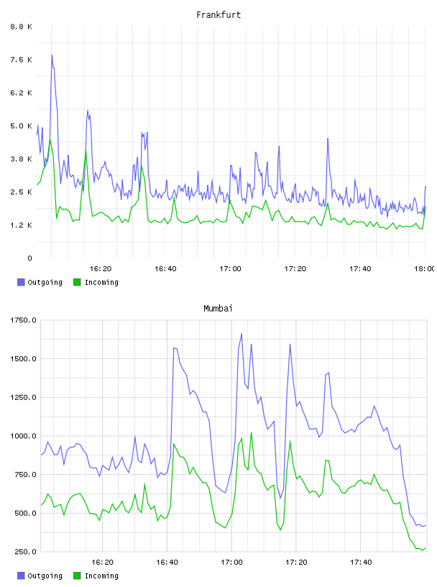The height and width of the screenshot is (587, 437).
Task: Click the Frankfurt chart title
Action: (x=218, y=15)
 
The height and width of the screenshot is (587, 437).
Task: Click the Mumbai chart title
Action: (x=218, y=309)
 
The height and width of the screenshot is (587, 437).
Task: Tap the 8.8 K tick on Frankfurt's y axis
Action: (x=22, y=27)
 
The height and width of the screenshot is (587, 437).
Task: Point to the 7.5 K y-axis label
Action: (x=22, y=60)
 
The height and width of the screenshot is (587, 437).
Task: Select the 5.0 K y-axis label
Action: (x=22, y=126)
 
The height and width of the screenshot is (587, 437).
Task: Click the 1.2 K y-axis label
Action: (x=22, y=225)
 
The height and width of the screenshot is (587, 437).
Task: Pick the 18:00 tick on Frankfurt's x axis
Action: (x=424, y=269)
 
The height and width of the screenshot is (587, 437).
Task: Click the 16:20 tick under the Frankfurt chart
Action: (x=101, y=269)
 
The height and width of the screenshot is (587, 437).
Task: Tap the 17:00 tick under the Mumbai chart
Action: (x=231, y=563)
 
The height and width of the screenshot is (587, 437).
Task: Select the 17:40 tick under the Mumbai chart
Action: (x=361, y=563)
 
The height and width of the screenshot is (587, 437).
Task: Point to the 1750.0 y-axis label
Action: (x=23, y=320)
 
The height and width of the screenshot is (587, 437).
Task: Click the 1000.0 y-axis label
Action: (x=23, y=436)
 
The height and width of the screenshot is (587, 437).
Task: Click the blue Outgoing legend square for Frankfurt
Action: (x=21, y=282)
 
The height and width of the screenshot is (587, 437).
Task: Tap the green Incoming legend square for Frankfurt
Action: (x=77, y=282)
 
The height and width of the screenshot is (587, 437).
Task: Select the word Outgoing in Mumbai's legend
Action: (x=45, y=575)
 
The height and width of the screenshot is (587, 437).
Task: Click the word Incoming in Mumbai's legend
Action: (x=101, y=575)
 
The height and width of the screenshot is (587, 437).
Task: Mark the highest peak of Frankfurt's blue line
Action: (x=52, y=55)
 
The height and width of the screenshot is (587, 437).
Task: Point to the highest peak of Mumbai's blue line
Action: (x=241, y=333)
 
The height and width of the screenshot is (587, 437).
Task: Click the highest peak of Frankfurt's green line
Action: (x=50, y=139)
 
